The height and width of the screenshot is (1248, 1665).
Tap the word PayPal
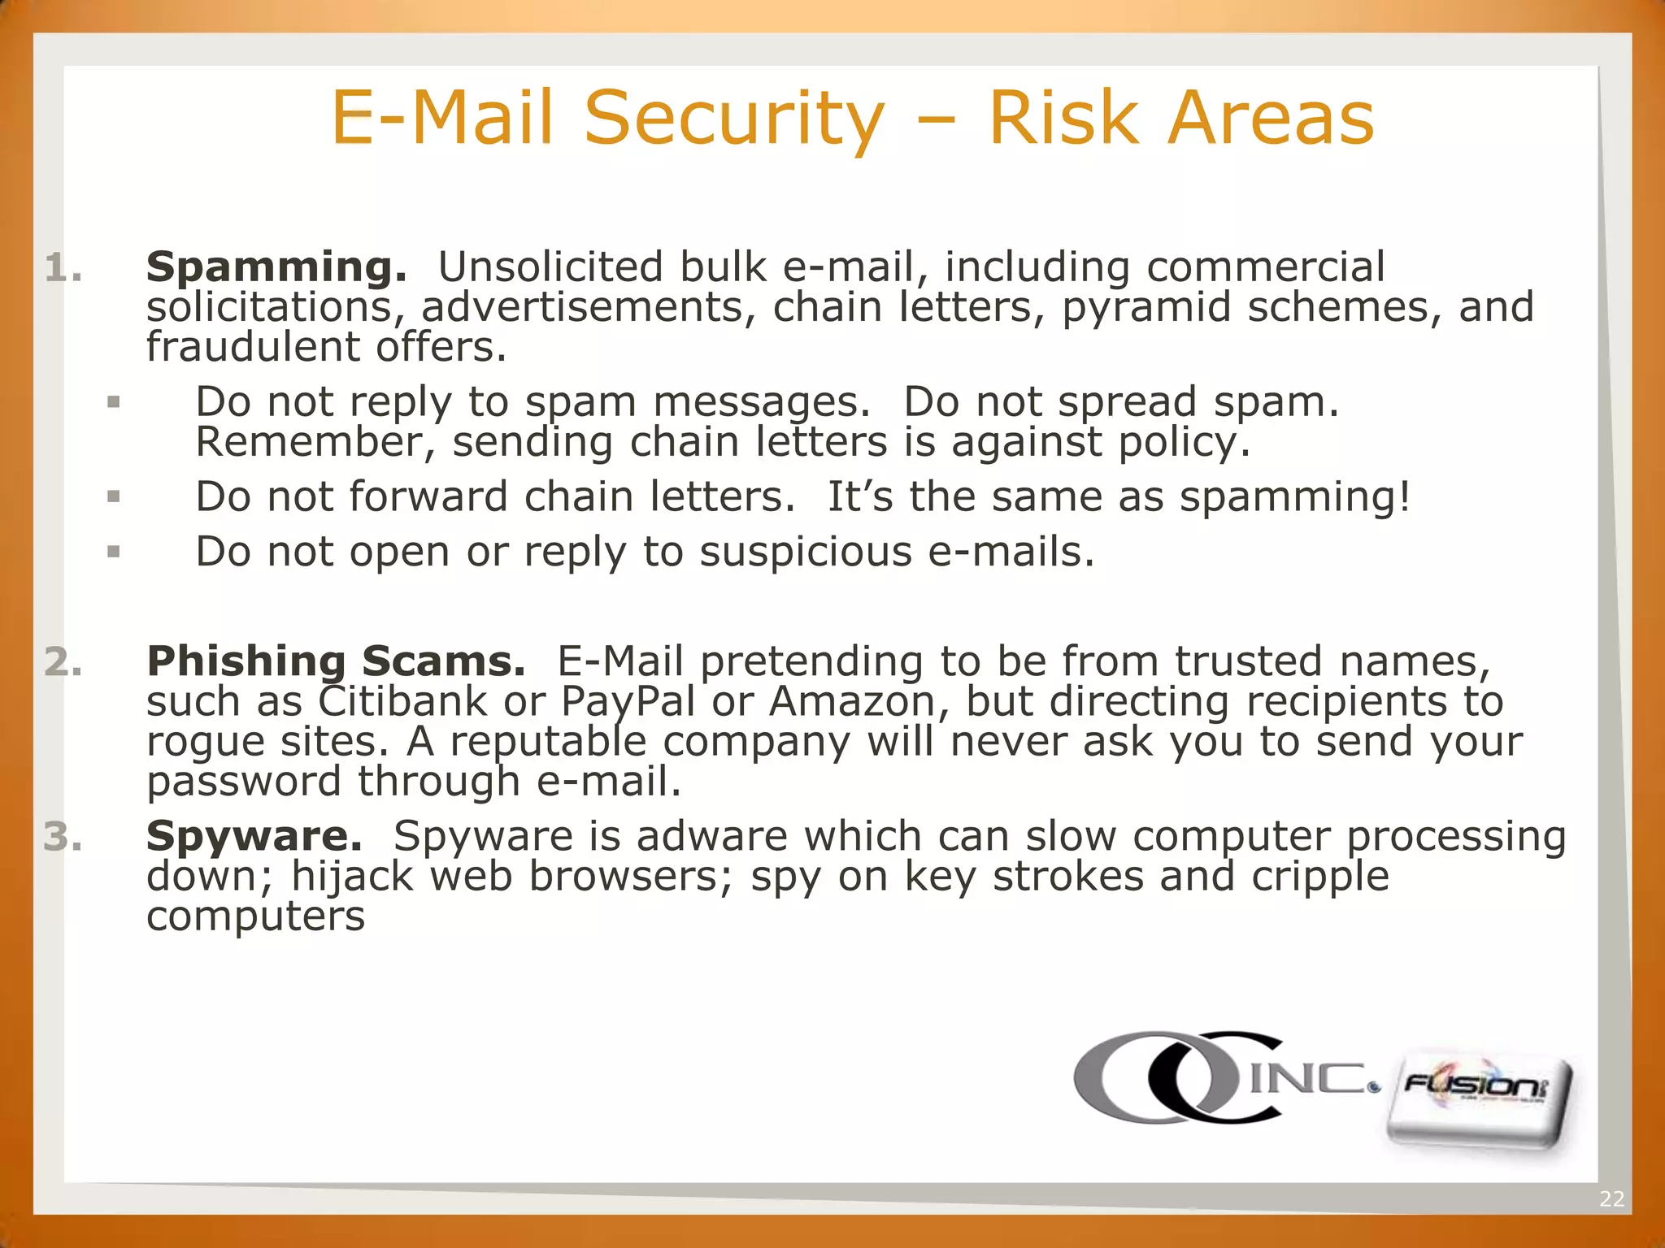(x=628, y=702)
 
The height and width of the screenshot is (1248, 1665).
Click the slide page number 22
(x=1611, y=1198)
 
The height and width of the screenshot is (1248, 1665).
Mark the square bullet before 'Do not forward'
(x=114, y=496)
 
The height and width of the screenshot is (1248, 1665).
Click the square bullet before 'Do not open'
(x=114, y=552)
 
